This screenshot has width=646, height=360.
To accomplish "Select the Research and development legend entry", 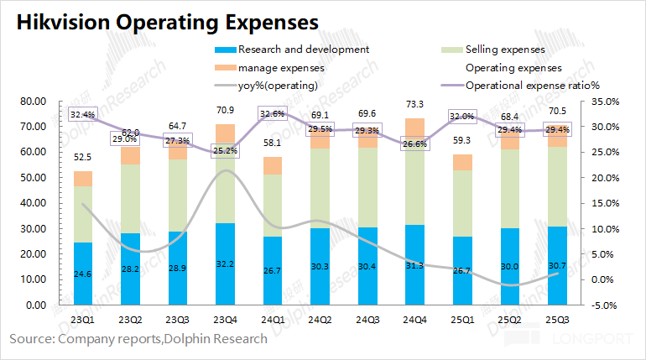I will pos(303,50).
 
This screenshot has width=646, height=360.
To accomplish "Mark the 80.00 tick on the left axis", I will pos(34,102).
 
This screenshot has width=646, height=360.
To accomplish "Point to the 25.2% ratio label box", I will pos(226,151).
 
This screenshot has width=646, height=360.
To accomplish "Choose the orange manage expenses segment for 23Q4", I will pos(226,134).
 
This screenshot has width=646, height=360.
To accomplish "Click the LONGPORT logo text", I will pos(601,339).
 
